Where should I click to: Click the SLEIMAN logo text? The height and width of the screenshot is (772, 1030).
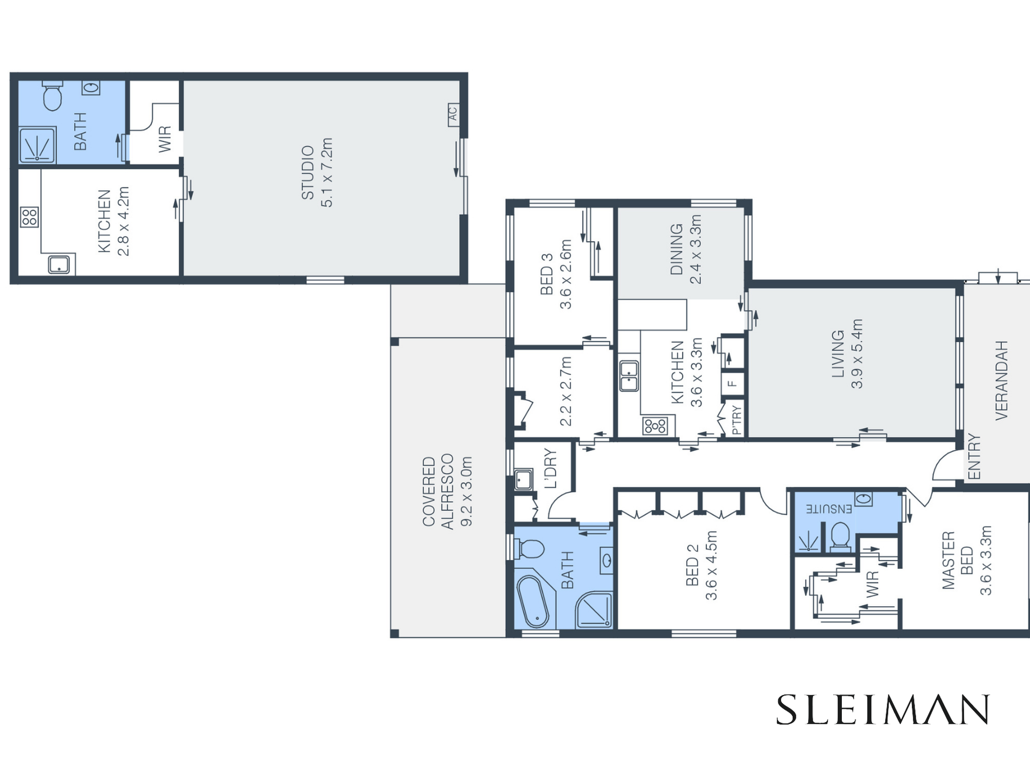pyautogui.click(x=883, y=709)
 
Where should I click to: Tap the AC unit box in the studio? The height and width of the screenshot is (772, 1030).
pyautogui.click(x=453, y=115)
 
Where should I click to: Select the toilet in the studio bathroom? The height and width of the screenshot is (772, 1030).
pyautogui.click(x=53, y=96)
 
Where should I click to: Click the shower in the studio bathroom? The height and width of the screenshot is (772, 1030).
pyautogui.click(x=37, y=145)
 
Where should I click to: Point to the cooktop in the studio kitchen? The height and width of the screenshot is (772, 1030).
pyautogui.click(x=29, y=217)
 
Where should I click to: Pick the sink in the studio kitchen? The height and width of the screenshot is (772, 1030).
pyautogui.click(x=59, y=265)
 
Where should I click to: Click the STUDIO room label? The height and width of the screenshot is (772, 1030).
pyautogui.click(x=308, y=172)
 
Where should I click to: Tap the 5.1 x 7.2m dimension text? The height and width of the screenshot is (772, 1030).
pyautogui.click(x=327, y=172)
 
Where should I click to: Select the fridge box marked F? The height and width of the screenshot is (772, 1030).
pyautogui.click(x=732, y=384)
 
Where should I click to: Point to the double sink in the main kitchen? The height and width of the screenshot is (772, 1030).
pyautogui.click(x=629, y=376)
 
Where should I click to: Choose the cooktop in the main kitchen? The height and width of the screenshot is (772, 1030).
pyautogui.click(x=655, y=426)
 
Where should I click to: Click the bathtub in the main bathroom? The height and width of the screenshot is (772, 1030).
pyautogui.click(x=533, y=601)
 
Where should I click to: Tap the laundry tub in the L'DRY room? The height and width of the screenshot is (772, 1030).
pyautogui.click(x=523, y=480)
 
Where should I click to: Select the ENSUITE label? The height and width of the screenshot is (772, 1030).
pyautogui.click(x=828, y=509)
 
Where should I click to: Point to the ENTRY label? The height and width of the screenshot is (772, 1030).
pyautogui.click(x=974, y=457)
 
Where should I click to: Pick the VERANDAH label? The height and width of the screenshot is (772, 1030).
pyautogui.click(x=1001, y=380)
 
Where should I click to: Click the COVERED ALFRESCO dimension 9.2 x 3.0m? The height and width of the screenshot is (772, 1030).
pyautogui.click(x=466, y=491)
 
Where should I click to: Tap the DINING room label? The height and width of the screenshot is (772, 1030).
pyautogui.click(x=677, y=249)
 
